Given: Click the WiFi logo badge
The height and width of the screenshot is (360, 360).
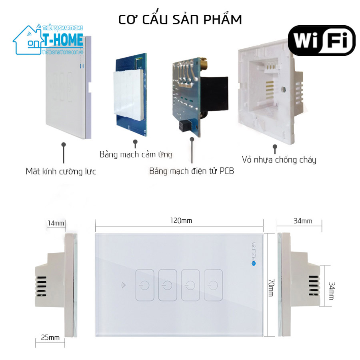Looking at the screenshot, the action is click(x=322, y=40).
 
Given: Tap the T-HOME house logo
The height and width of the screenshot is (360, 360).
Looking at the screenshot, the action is click(x=48, y=40).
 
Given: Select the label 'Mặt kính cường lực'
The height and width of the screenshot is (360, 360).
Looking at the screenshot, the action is click(x=61, y=172).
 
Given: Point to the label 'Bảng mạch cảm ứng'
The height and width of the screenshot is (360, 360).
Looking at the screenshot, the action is click(x=136, y=154).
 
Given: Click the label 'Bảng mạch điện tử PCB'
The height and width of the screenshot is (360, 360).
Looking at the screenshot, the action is click(x=192, y=171).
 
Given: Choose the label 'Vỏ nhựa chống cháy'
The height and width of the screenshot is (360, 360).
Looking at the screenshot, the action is click(x=279, y=160).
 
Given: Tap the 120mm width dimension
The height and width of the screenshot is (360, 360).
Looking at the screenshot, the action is click(x=181, y=220).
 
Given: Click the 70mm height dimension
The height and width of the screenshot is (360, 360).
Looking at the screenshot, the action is click(x=271, y=288).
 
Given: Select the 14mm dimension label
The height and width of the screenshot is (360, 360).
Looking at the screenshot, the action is click(x=56, y=223).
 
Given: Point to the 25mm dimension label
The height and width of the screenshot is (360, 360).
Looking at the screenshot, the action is click(x=50, y=338).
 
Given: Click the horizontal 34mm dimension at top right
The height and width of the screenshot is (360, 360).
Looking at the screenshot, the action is click(x=303, y=221).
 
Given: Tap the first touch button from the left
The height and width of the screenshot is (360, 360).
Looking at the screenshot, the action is click(x=145, y=285).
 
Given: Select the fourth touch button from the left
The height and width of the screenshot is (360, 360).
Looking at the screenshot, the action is click(x=213, y=285).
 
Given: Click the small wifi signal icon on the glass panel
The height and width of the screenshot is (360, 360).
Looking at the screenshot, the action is click(x=124, y=285).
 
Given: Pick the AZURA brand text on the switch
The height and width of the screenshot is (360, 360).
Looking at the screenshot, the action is click(x=254, y=251).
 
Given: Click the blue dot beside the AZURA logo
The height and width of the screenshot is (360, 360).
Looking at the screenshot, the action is click(x=254, y=263).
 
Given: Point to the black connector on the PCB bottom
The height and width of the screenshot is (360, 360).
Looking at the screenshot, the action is click(x=186, y=125).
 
